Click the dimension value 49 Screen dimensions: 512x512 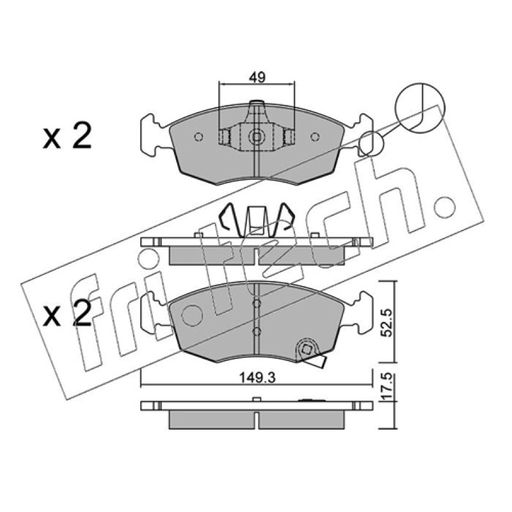pos(257,77)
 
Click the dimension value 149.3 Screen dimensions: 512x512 pos(258,378)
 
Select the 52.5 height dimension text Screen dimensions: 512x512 pos(387,323)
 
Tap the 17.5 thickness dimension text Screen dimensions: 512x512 pos(387,388)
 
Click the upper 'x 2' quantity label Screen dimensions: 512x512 pos(67,137)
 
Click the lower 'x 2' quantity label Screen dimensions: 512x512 pos(67,314)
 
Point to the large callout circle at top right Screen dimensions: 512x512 pos(420,108)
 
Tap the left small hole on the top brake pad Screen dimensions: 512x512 pos(198,137)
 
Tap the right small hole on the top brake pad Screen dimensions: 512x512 pos(315,137)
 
